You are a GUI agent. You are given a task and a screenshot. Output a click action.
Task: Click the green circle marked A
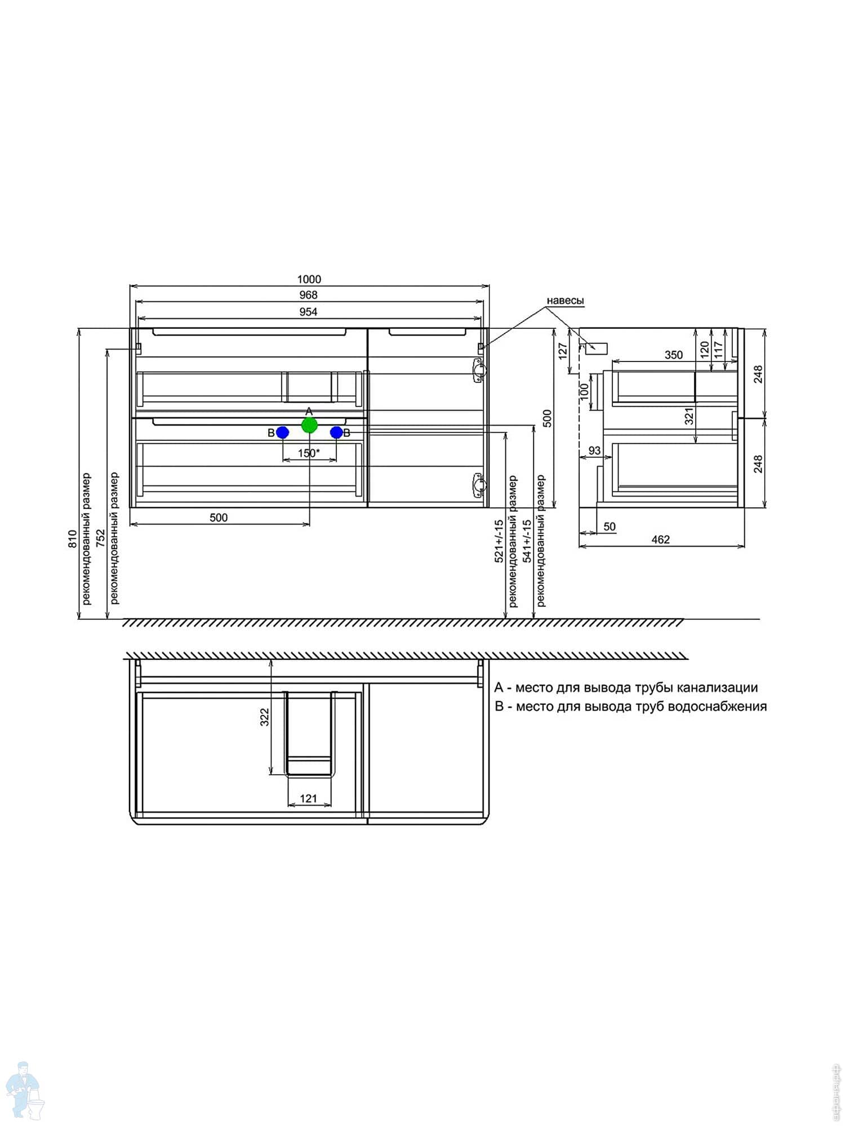309,425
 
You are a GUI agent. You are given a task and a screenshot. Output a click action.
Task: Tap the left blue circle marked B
283,432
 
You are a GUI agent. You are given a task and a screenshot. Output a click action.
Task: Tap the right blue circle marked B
336,432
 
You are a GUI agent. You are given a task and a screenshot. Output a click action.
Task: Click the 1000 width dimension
309,279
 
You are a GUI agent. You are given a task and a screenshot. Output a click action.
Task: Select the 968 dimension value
309,295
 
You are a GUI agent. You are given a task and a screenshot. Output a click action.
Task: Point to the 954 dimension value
309,312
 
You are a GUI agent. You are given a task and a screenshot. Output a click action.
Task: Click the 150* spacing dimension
309,453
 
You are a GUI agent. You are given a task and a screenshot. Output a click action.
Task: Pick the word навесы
565,301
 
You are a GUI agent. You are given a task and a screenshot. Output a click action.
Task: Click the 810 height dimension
73,539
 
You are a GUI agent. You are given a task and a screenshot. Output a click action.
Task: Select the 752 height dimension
101,539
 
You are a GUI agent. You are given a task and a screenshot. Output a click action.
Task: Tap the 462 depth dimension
661,539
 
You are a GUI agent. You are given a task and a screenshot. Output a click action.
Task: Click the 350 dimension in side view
674,355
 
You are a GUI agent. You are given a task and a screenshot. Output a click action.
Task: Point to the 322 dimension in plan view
265,717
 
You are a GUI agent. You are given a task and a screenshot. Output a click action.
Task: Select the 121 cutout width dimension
309,798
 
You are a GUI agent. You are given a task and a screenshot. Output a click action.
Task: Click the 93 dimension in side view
594,450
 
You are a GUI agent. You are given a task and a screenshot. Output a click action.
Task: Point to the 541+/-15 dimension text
527,540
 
